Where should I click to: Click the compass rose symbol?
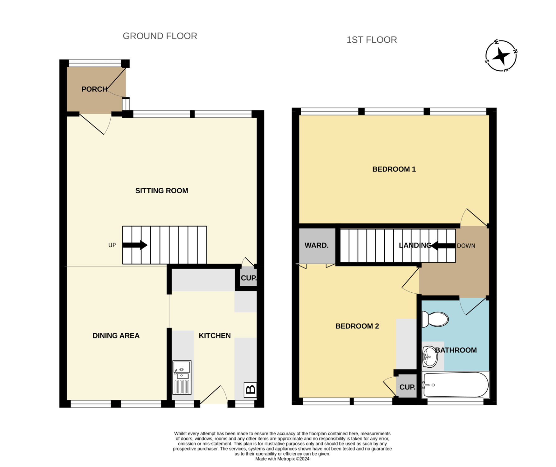tap(501, 56)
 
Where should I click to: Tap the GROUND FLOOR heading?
tap(160, 36)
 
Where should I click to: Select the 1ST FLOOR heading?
tap(372, 40)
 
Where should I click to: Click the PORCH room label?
tap(95, 89)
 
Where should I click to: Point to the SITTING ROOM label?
tap(162, 191)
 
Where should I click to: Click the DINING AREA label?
tap(116, 336)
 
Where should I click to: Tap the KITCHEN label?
tap(215, 336)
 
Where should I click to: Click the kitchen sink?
tap(182, 377)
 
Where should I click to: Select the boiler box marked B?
tap(250, 390)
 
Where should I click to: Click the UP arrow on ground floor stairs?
tap(135, 245)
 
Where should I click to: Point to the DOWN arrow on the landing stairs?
tap(443, 246)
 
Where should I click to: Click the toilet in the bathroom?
tap(435, 319)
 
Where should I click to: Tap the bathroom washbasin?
tap(430, 357)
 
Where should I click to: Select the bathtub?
tap(456, 385)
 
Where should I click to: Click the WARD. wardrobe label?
tap(317, 245)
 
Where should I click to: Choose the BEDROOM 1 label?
tap(394, 169)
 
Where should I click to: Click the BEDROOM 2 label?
tap(357, 326)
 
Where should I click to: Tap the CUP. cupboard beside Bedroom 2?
tap(407, 387)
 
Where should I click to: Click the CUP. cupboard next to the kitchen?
tap(249, 278)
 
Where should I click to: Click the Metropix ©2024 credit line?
tap(282, 459)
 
